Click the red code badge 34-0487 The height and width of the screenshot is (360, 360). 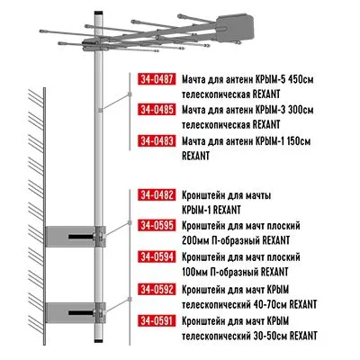point(157,78)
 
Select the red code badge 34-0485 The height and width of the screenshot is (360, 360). point(157,109)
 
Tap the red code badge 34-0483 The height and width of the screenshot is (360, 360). point(157,140)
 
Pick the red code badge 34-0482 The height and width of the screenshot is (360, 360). point(157,195)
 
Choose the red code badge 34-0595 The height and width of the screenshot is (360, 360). point(157,226)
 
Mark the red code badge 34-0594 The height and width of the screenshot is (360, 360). point(157,257)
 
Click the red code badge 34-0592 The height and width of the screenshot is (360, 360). point(157,289)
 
